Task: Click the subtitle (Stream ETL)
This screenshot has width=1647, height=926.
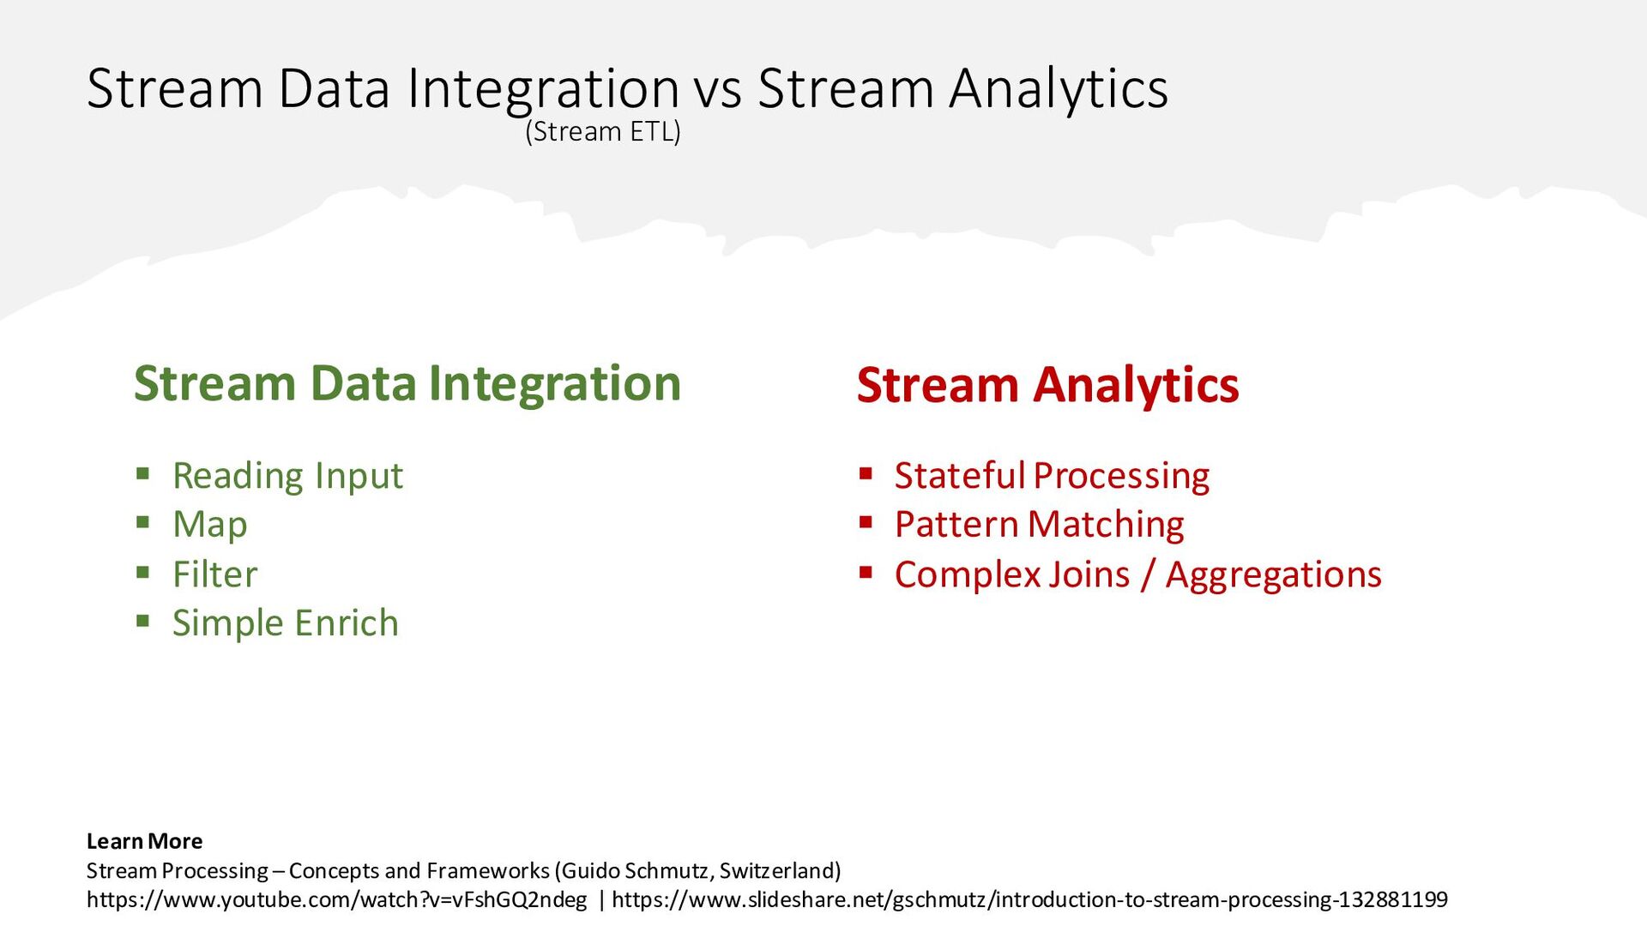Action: [x=603, y=132]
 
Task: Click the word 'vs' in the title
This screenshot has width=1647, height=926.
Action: [x=718, y=89]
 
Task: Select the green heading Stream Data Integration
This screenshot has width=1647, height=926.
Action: [x=407, y=383]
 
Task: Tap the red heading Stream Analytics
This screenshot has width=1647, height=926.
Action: [x=1047, y=385]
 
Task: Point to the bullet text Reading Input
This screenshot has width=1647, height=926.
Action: [x=287, y=476]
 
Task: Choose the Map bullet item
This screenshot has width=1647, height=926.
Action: [x=210, y=525]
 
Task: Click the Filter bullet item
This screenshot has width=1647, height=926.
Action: [x=214, y=574]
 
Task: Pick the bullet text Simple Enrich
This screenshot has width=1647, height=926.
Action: [x=286, y=623]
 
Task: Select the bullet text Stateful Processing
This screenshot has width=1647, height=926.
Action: [x=1052, y=476]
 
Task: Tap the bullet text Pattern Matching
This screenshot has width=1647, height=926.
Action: [x=1039, y=525]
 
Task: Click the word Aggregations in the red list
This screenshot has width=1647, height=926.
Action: [x=1274, y=574]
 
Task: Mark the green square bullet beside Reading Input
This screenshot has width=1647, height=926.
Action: [x=143, y=473]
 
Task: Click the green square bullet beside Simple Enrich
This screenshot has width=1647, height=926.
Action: [x=143, y=621]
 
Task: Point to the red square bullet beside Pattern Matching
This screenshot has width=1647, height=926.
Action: [x=866, y=522]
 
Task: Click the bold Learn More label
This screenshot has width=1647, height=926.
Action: [x=144, y=841]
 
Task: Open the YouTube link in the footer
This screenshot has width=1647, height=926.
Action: [x=337, y=899]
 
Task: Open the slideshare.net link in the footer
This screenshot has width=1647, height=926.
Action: [x=1029, y=899]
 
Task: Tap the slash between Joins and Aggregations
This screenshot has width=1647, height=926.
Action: [x=1148, y=575]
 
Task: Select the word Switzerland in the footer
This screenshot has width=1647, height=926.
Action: [x=777, y=871]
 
